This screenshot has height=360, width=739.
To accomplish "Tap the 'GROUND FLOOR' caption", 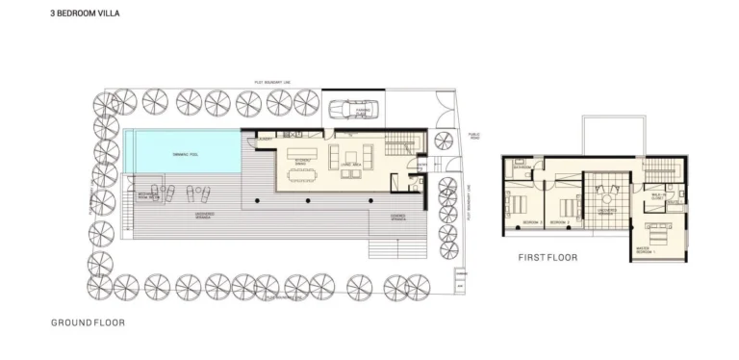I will (x=89, y=323).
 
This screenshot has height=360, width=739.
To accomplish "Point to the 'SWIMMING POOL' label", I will (x=186, y=153).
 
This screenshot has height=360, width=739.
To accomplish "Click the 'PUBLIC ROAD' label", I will (x=472, y=137).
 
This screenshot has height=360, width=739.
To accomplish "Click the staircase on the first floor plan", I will (x=663, y=167).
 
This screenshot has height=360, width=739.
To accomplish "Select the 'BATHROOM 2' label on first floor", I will (x=569, y=223).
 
